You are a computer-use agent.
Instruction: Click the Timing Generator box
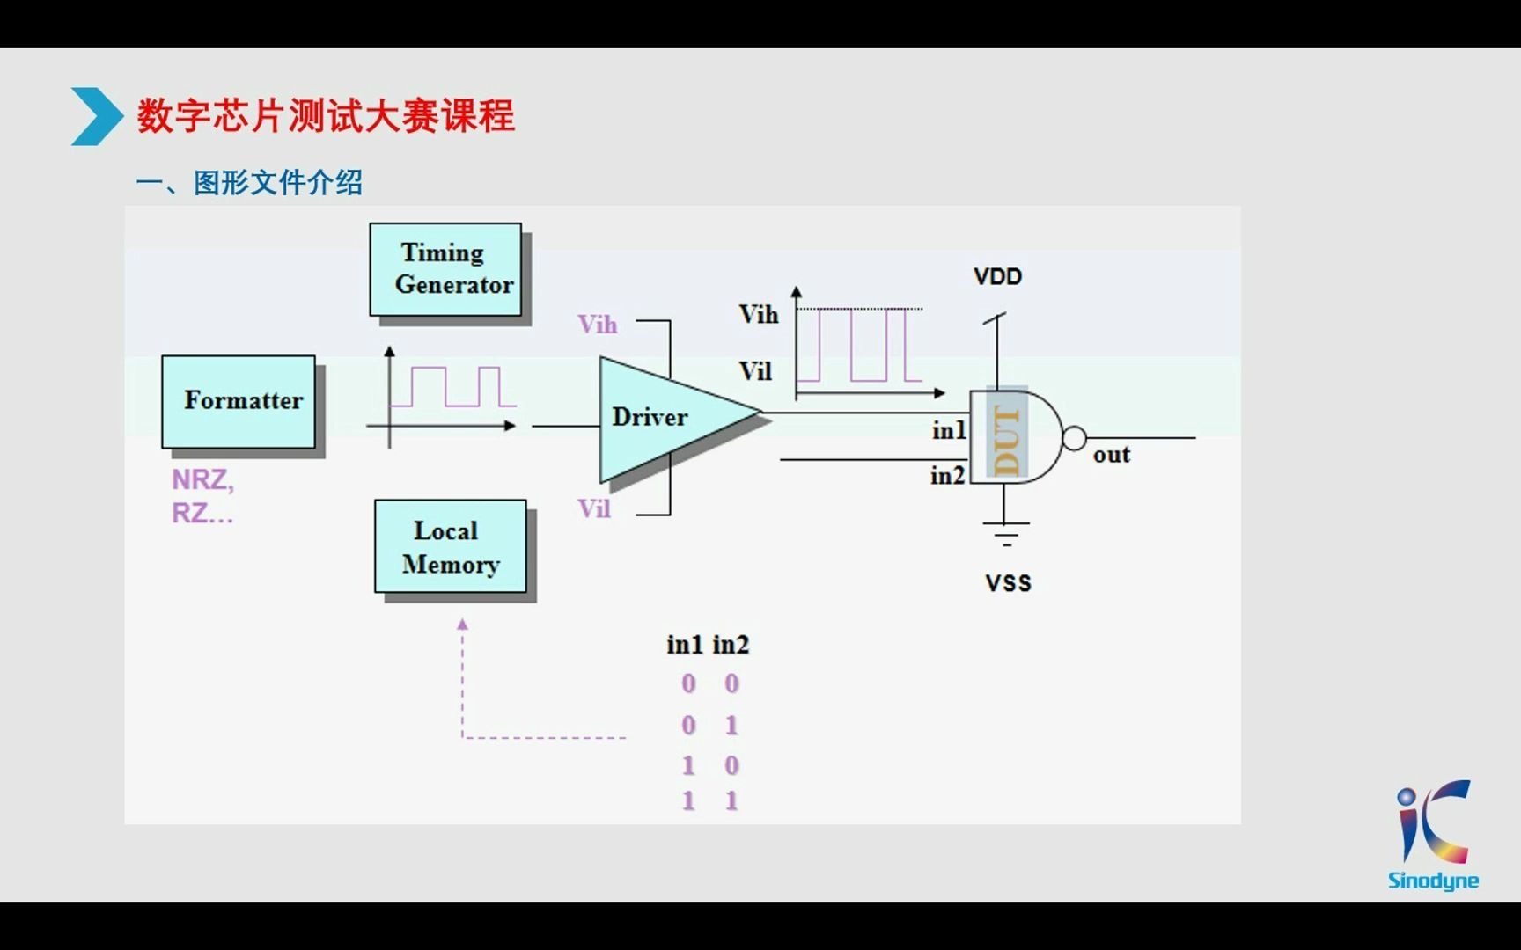445,269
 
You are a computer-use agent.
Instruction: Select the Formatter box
239,401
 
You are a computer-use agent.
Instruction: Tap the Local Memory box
451,546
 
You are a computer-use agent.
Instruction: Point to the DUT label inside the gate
1006,439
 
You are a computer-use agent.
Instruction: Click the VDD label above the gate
997,276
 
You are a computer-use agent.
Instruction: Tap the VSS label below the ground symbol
1008,582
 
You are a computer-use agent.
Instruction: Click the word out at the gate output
1111,455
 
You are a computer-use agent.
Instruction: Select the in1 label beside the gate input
949,430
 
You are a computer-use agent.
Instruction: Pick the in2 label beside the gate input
947,475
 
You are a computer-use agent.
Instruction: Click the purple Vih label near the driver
598,325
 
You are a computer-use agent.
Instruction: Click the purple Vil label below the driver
594,508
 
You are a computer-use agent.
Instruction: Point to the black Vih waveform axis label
758,314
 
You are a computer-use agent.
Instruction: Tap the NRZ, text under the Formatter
202,479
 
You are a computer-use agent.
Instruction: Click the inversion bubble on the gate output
1074,438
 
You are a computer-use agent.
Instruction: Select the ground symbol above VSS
1005,533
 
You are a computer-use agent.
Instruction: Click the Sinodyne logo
1433,836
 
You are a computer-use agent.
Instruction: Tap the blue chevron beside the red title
95,116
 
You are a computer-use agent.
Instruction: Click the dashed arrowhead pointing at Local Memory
463,624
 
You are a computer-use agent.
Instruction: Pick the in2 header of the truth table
731,645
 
